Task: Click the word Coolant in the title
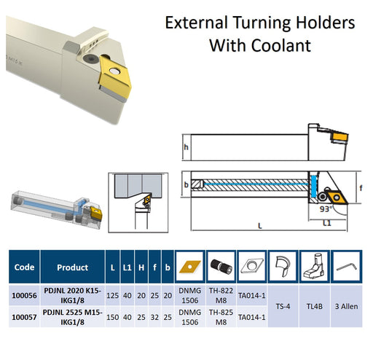(x=281, y=45)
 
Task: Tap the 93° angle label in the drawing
(x=326, y=209)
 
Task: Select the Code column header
(x=24, y=267)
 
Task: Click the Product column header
(x=73, y=267)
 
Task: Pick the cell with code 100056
(x=24, y=295)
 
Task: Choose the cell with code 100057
(x=24, y=317)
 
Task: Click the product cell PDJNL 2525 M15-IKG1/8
(x=73, y=317)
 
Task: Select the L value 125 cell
(x=112, y=295)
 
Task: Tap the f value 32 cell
(x=154, y=317)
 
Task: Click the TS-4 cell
(x=283, y=306)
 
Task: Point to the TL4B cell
(x=314, y=306)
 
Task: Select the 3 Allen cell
(x=346, y=306)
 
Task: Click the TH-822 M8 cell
(x=221, y=295)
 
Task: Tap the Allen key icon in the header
(x=347, y=267)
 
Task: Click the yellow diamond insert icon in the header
(x=190, y=267)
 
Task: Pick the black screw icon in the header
(x=221, y=267)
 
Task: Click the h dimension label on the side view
(x=186, y=147)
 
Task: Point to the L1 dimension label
(x=327, y=223)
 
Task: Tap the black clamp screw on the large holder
(x=88, y=58)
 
